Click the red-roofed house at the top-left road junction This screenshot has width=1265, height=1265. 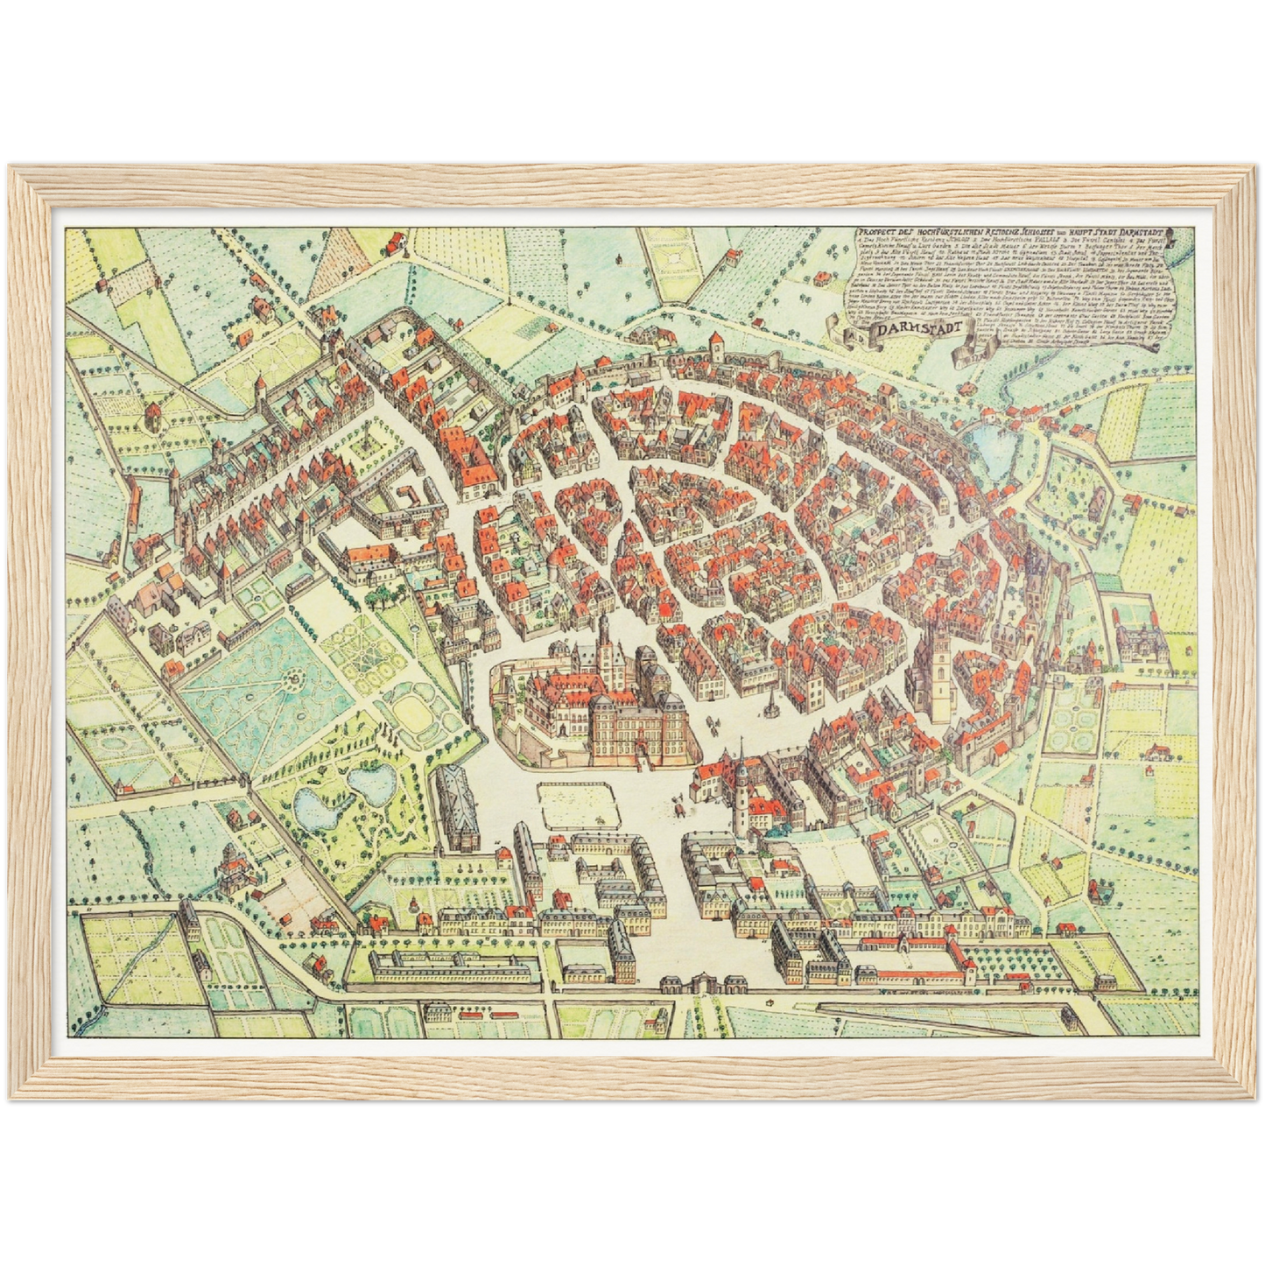point(395,242)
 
